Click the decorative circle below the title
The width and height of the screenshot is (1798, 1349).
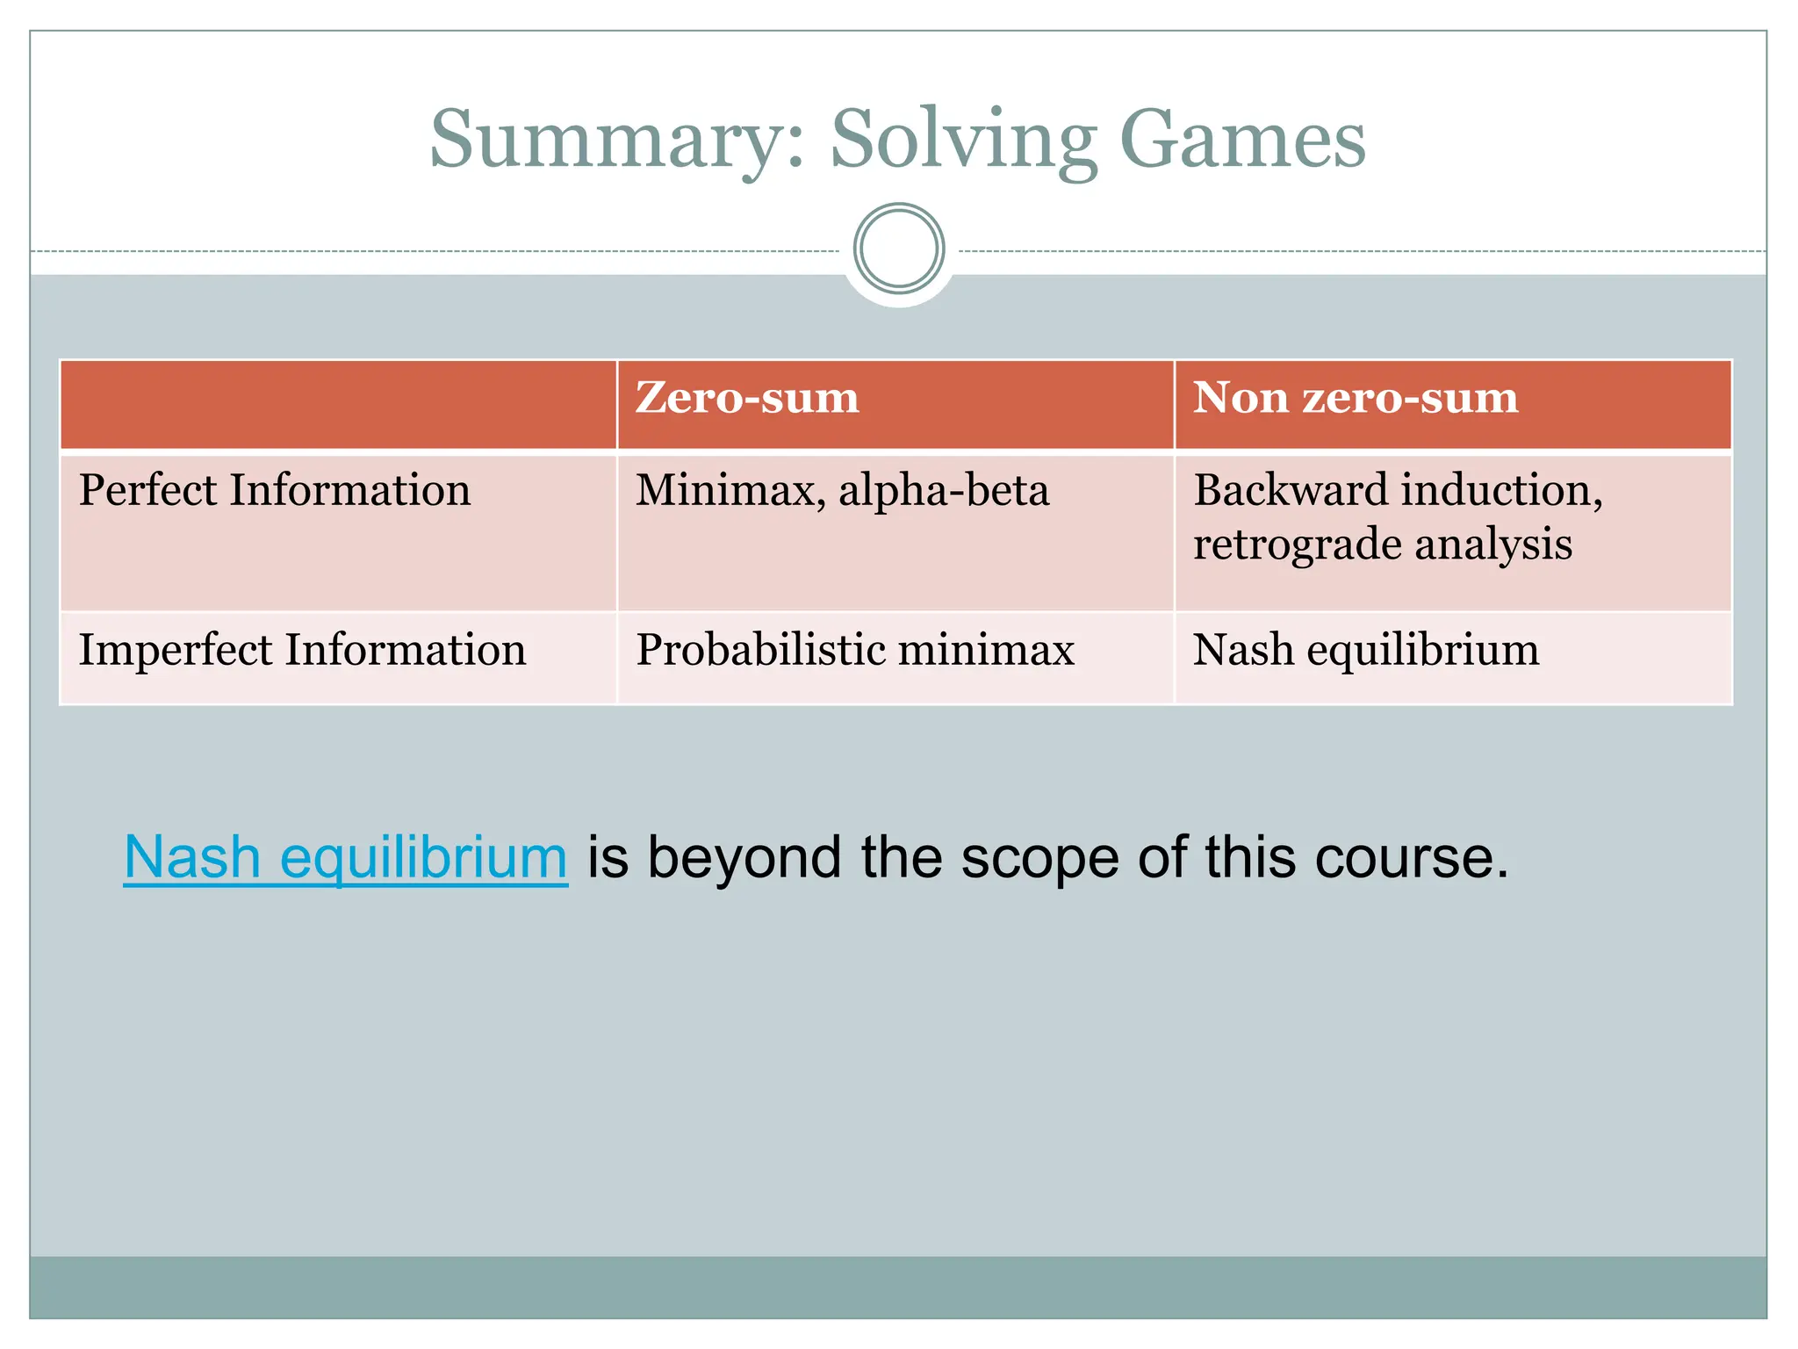click(x=899, y=249)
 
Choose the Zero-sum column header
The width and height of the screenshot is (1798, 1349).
click(x=747, y=398)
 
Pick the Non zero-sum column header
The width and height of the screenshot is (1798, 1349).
click(x=1356, y=398)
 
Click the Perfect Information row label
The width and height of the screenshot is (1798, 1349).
click(x=275, y=490)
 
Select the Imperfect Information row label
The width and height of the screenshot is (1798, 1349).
click(x=302, y=651)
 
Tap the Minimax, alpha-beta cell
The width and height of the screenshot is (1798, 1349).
click(x=842, y=490)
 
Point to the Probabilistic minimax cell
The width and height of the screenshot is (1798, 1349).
click(x=855, y=651)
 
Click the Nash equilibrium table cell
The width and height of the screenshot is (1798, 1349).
click(x=1366, y=651)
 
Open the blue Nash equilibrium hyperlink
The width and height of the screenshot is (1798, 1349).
click(x=346, y=857)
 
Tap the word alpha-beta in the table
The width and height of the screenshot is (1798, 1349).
click(x=944, y=490)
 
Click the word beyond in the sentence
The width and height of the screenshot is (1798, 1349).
click(x=744, y=857)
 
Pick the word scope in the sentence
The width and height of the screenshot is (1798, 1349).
click(x=1039, y=857)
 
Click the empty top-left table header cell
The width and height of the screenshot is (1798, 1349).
click(x=338, y=405)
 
